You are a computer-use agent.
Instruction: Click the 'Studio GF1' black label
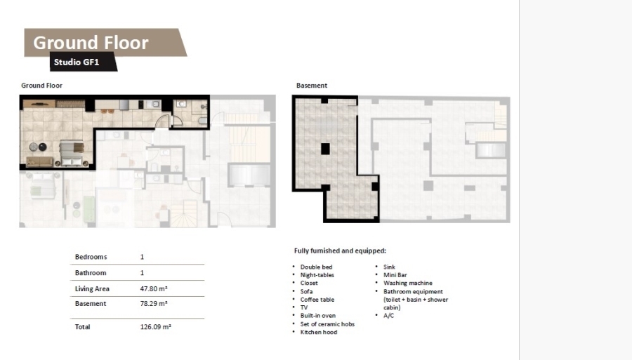[x=77, y=62]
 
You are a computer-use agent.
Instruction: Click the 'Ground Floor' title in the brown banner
[x=91, y=43]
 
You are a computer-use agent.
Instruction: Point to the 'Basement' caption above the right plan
[x=312, y=86]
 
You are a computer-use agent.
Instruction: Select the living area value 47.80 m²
[x=154, y=288]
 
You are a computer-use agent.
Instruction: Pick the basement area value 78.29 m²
[x=154, y=304]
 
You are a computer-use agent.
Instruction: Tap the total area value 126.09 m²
[x=156, y=326]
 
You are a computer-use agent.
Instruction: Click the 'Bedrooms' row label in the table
[x=91, y=257]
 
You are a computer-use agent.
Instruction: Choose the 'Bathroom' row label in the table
[x=91, y=272]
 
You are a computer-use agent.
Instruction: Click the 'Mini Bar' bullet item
[x=395, y=275]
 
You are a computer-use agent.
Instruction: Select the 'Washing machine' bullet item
[x=408, y=283]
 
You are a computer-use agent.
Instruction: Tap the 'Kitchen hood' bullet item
[x=318, y=332]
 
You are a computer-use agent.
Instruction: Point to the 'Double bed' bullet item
[x=316, y=267]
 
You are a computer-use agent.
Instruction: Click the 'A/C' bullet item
[x=388, y=316]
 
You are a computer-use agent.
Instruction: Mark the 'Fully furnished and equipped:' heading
[x=340, y=251]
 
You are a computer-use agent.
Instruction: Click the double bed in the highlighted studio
[x=72, y=152]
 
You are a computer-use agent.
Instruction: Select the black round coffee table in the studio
[x=42, y=147]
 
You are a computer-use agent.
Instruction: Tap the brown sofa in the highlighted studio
[x=39, y=161]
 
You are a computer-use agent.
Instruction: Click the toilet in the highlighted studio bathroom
[x=203, y=121]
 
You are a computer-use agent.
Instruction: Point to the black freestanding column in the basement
[x=325, y=149]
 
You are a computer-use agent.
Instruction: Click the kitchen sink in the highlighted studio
[x=153, y=105]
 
